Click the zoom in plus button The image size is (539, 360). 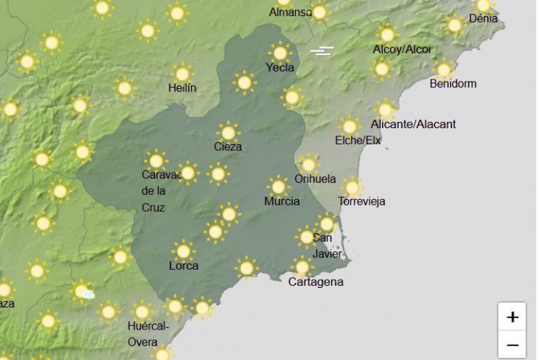coord(513,317)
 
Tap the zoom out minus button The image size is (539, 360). coord(513,345)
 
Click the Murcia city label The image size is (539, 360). coord(282,202)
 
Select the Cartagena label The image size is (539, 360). coord(315,282)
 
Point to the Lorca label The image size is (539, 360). coord(183,266)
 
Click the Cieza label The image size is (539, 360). coord(228,146)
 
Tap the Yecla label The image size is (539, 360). coord(280,67)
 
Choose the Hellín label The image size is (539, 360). coord(182,88)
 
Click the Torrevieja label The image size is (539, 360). coord(362,202)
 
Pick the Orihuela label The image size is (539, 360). coord(315,179)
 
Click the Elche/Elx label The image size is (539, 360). coord(358,141)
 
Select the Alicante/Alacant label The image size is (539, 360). coord(413,124)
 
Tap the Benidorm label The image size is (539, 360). coord(453,84)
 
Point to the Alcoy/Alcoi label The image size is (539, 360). coord(402,49)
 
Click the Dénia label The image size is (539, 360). coord(483,19)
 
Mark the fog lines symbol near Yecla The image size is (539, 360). coord(322,51)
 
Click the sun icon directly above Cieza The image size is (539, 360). coord(228,132)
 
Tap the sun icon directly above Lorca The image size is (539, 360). coord(183,251)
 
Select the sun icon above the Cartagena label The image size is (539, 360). coord(302,267)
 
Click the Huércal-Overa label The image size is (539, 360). coord(148,334)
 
